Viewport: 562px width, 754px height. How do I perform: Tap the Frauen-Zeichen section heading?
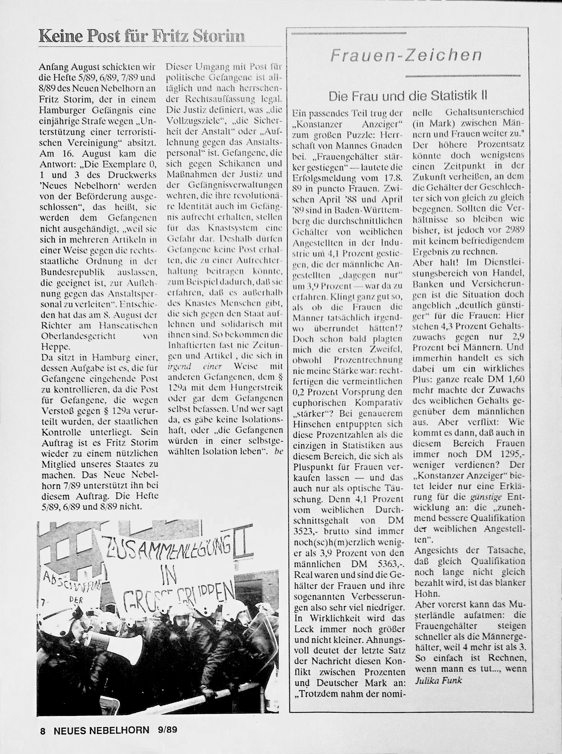406,55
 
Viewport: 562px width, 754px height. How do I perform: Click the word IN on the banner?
167,574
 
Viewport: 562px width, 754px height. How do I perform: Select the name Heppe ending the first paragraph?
56,347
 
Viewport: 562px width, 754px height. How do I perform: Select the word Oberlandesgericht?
78,336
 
